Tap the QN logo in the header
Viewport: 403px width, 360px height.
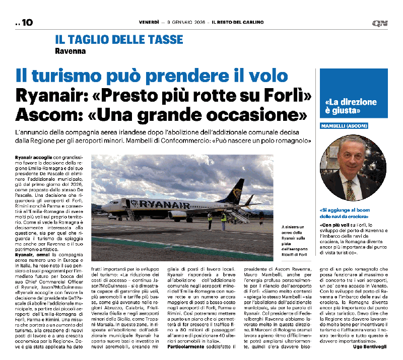pos(379,23)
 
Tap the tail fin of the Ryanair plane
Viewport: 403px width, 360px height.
pos(234,188)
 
